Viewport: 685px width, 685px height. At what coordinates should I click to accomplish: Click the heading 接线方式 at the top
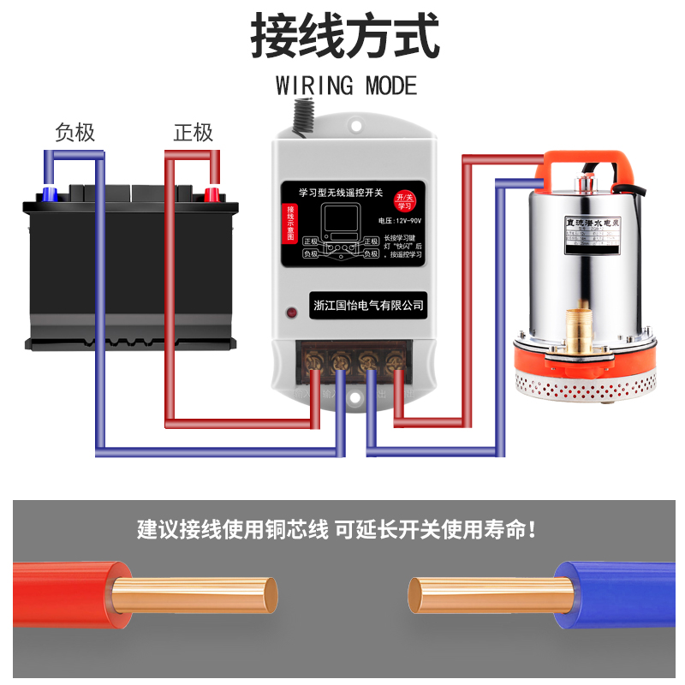[x=345, y=36]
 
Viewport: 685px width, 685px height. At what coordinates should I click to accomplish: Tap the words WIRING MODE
[x=346, y=86]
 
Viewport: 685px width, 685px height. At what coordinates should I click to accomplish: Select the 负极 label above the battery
[x=74, y=133]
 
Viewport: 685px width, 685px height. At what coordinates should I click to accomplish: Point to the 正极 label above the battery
[x=193, y=133]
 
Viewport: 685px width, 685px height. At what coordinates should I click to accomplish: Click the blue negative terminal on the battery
[x=49, y=194]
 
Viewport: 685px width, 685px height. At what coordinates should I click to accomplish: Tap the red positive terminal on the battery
[x=211, y=194]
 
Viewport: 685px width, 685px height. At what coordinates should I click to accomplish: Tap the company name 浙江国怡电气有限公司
[x=369, y=305]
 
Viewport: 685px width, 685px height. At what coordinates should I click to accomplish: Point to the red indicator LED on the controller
[x=292, y=313]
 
